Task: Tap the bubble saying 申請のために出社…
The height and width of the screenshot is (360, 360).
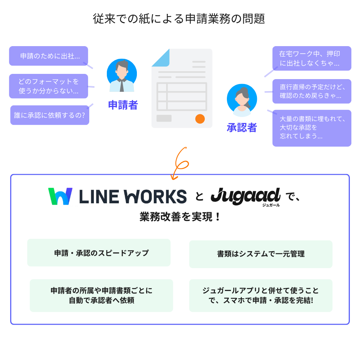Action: pyautogui.click(x=48, y=56)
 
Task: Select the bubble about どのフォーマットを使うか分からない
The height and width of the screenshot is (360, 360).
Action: pyautogui.click(x=48, y=86)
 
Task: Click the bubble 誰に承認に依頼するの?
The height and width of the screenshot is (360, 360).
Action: pyautogui.click(x=49, y=115)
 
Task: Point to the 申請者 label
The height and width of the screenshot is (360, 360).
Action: pyautogui.click(x=123, y=105)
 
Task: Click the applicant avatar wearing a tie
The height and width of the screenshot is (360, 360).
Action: pyautogui.click(x=121, y=75)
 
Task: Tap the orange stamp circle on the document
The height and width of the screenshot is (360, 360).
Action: pyautogui.click(x=200, y=118)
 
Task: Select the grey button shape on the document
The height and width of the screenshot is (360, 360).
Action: pyautogui.click(x=164, y=118)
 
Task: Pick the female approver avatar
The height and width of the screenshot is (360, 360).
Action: pyautogui.click(x=242, y=100)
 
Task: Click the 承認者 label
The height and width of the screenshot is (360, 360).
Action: pyautogui.click(x=242, y=128)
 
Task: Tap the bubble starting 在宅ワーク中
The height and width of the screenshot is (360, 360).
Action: pyautogui.click(x=312, y=58)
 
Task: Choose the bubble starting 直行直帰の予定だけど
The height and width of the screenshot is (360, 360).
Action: pyautogui.click(x=312, y=91)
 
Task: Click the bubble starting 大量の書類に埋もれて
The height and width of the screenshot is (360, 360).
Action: pyautogui.click(x=312, y=128)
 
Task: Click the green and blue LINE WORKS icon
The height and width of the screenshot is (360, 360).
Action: pyautogui.click(x=60, y=196)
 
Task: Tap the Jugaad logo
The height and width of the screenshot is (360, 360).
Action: pyautogui.click(x=246, y=196)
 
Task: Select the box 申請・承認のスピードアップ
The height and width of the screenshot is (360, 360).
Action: pyautogui.click(x=99, y=253)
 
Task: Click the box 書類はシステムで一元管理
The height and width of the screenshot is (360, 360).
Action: pyautogui.click(x=261, y=254)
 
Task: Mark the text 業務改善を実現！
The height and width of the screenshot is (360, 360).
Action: pyautogui.click(x=180, y=217)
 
